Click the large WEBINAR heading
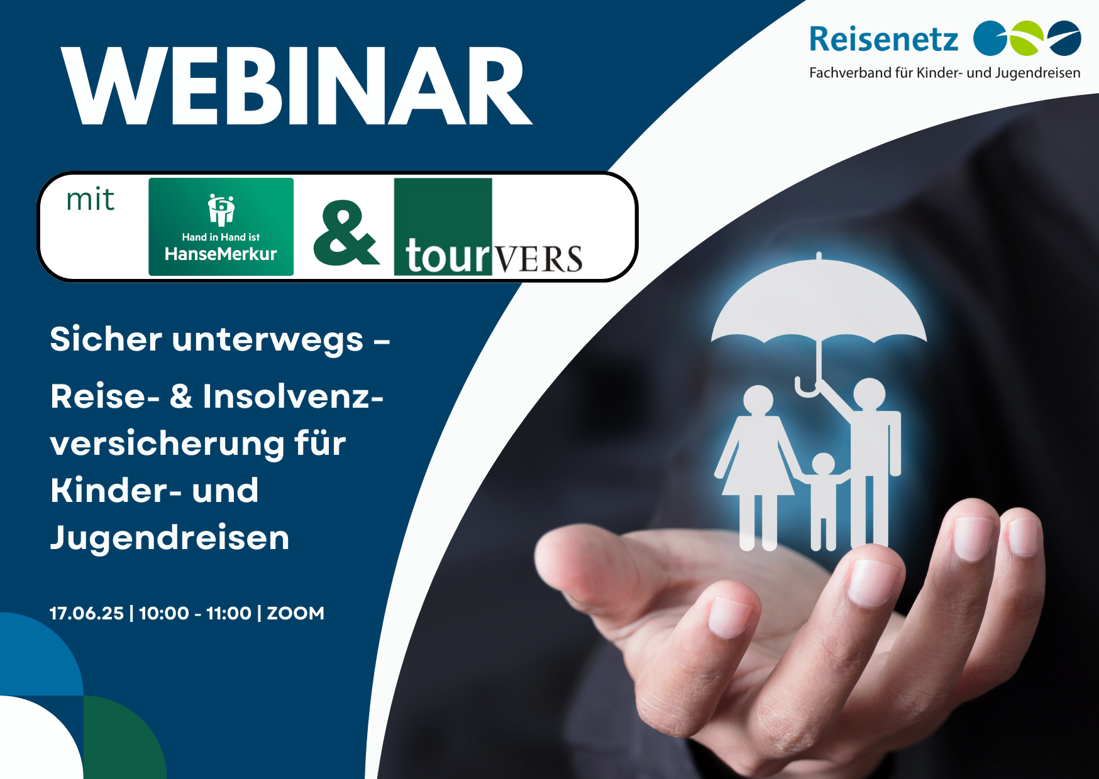tap(297, 86)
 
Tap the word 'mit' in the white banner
tap(91, 200)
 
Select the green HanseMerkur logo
tap(221, 227)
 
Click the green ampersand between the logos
tap(346, 233)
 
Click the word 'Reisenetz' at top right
tap(883, 39)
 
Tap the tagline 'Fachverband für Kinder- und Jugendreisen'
tap(944, 73)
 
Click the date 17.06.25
tap(87, 613)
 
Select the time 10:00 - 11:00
tap(195, 613)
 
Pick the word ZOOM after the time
tap(295, 613)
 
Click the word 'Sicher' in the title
tap(106, 339)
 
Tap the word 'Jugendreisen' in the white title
tap(170, 538)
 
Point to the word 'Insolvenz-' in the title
tap(293, 396)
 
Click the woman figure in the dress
tap(758, 467)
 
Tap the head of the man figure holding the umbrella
tap(870, 394)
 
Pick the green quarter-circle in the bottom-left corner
tap(125, 738)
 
